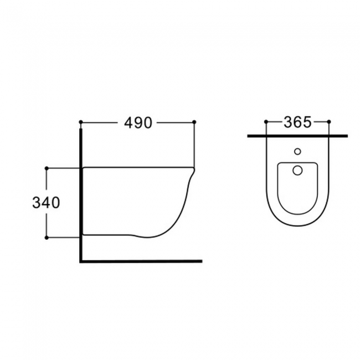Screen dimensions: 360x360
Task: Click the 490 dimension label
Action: point(138,122)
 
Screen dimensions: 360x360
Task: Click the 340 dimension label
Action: point(46,203)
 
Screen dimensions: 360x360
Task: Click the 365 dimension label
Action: point(297,122)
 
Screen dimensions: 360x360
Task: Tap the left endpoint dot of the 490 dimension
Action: point(81,122)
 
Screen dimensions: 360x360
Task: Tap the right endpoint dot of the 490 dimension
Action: point(194,122)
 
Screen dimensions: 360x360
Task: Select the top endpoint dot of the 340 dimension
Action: point(47,168)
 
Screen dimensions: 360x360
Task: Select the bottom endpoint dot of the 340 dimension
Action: point(47,238)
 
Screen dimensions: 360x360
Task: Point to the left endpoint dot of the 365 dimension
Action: point(266,121)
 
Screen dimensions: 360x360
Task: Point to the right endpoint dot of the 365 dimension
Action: point(329,121)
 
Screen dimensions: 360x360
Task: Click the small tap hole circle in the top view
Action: point(297,152)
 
